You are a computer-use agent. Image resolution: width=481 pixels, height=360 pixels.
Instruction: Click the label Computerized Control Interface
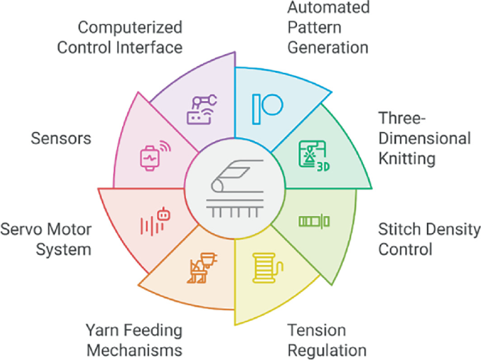coord(130,38)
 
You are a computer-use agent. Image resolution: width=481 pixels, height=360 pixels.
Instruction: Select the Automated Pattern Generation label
coord(329,29)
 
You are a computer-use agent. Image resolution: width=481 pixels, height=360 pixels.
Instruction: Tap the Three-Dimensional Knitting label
coord(424,138)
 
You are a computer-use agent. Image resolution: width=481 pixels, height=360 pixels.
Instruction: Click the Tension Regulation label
coord(327,340)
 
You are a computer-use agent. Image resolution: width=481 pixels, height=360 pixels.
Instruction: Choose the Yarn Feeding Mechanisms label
coord(133,340)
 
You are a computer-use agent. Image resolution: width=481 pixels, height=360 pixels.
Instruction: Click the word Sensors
coord(60,138)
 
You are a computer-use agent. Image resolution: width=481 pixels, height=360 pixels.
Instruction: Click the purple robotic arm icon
coord(202,109)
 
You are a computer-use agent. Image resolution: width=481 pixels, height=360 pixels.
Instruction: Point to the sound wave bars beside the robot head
coord(148,225)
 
